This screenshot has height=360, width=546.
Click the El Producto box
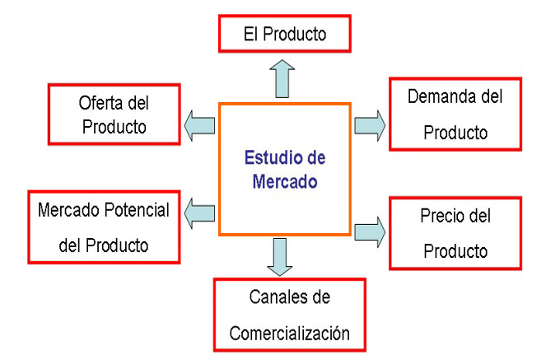(x=285, y=35)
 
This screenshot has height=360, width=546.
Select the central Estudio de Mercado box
(x=285, y=169)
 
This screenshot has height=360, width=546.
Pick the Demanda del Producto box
(x=455, y=114)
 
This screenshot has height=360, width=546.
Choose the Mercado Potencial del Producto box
(x=104, y=227)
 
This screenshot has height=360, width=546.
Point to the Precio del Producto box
(x=455, y=233)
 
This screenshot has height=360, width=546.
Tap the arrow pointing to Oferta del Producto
(x=198, y=125)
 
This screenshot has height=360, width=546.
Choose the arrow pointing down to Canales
(x=280, y=256)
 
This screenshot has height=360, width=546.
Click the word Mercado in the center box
(x=284, y=181)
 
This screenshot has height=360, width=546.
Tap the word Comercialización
(x=289, y=334)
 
